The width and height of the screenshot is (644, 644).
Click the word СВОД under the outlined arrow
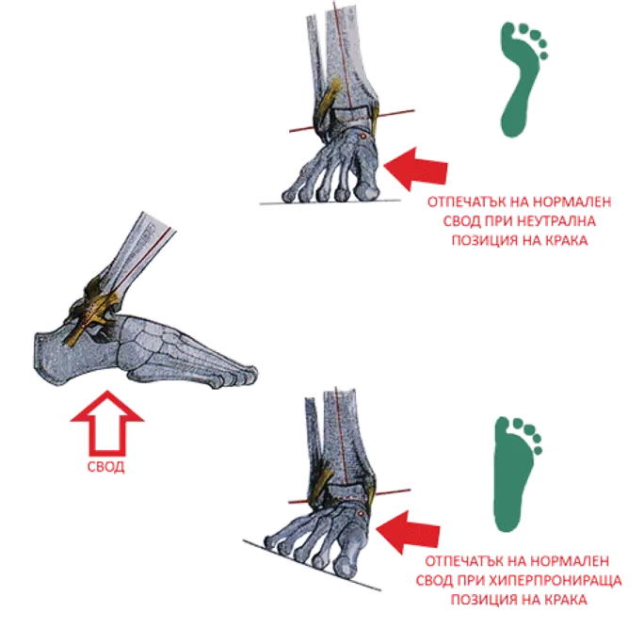106,467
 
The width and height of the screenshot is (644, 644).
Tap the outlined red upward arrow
106,423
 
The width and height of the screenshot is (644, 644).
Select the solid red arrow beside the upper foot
415,169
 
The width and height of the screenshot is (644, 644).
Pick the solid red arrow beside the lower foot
408,533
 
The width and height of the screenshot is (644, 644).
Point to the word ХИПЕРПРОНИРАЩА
555,581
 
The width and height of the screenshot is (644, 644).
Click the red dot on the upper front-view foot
363,136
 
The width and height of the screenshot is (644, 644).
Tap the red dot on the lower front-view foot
361,513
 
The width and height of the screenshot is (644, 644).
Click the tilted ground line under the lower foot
313,566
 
